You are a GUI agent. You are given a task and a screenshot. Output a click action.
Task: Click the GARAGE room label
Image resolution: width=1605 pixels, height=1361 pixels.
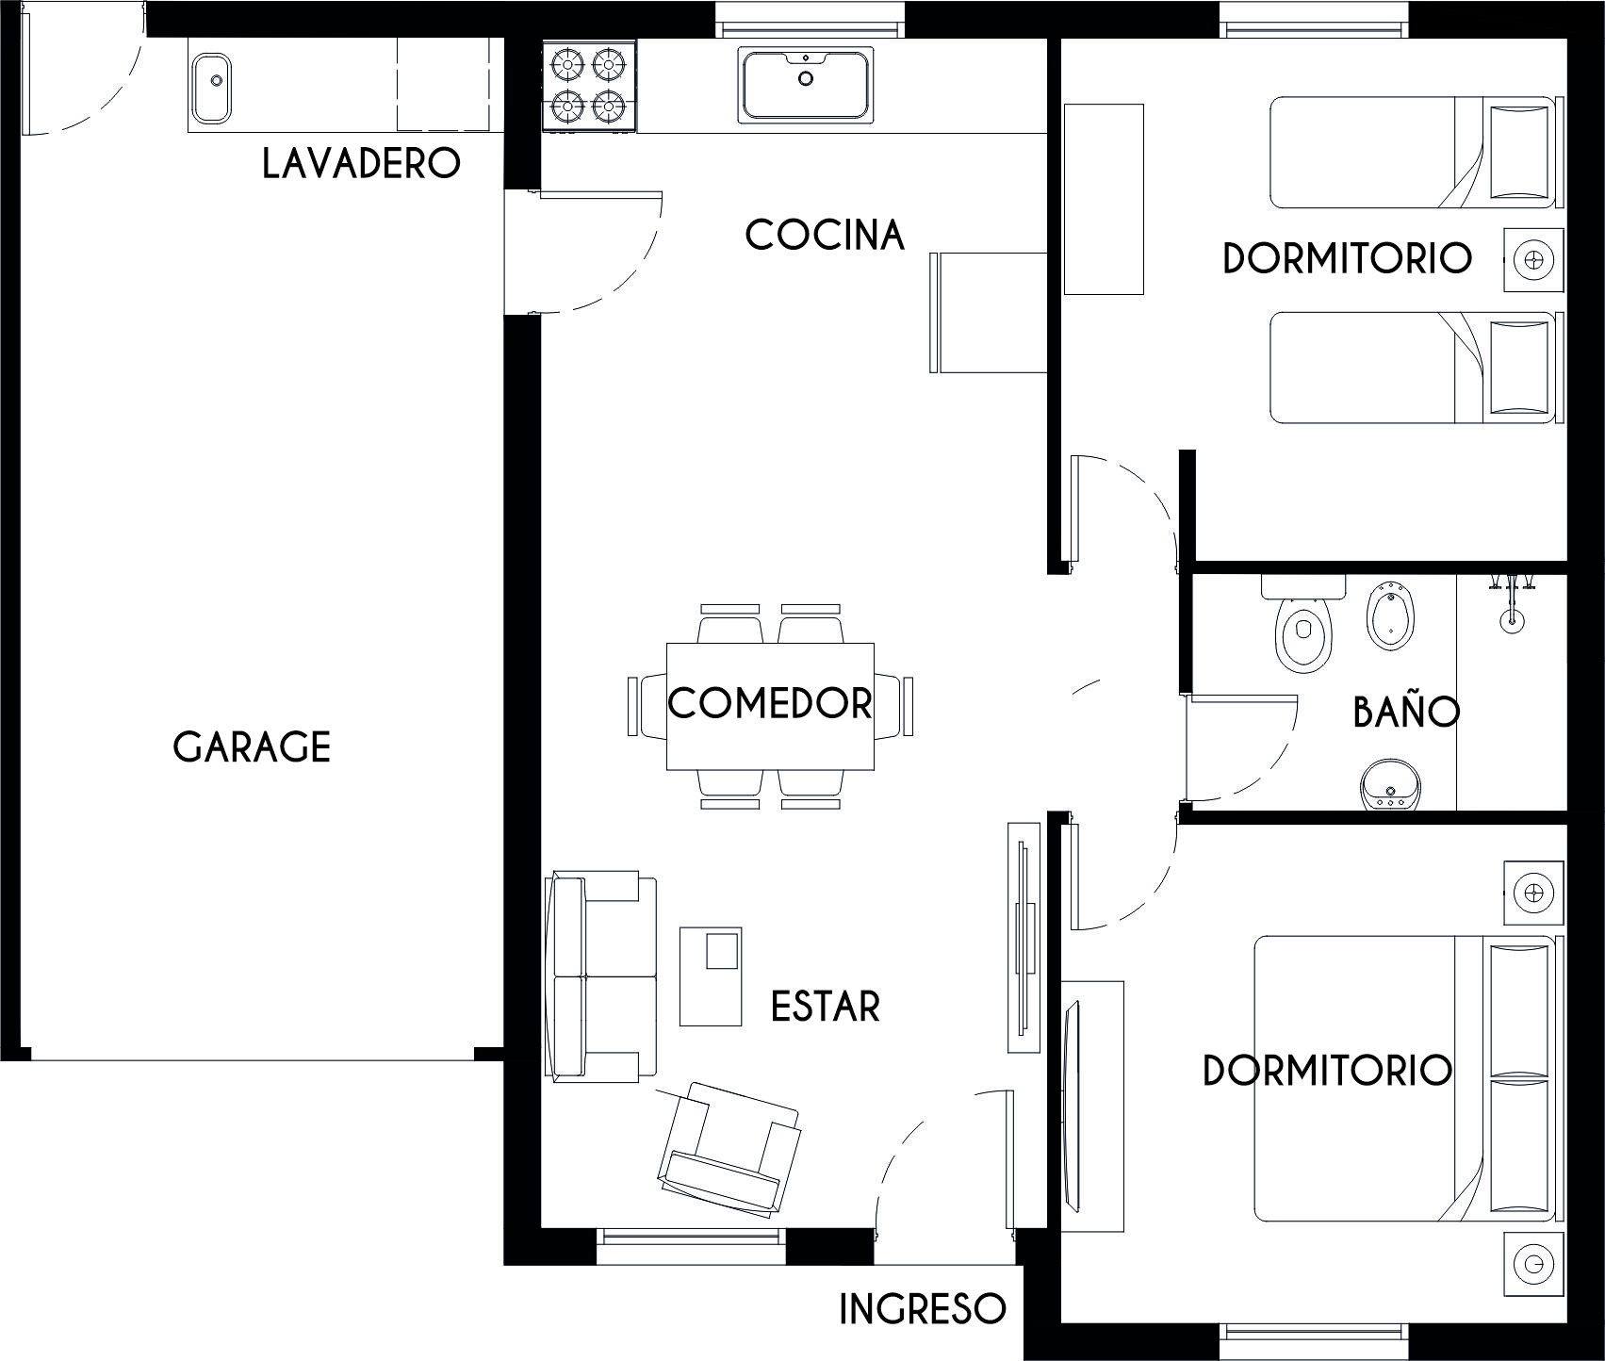[x=252, y=746]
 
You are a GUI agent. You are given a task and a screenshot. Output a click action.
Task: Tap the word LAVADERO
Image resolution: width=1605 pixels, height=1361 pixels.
[x=362, y=163]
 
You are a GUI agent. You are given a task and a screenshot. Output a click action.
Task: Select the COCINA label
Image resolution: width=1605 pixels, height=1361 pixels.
[x=825, y=235]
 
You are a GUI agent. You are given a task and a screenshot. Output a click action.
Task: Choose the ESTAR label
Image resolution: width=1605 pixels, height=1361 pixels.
[x=826, y=1006]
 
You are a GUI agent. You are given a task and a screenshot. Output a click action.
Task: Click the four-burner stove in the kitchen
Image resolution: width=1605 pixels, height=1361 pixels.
[x=590, y=87]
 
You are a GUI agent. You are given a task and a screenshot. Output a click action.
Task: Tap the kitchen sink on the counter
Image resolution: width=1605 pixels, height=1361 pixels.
[x=806, y=85]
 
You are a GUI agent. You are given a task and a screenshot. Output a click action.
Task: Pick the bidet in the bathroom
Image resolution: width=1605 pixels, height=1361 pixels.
[x=1388, y=618]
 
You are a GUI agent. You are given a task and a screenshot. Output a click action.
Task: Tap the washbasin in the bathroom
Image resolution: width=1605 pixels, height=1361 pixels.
[x=1389, y=785]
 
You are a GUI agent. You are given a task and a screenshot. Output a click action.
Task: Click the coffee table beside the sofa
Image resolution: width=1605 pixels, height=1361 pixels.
[x=711, y=976]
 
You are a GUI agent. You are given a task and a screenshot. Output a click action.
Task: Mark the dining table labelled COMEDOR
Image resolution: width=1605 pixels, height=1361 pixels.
[x=770, y=706]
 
